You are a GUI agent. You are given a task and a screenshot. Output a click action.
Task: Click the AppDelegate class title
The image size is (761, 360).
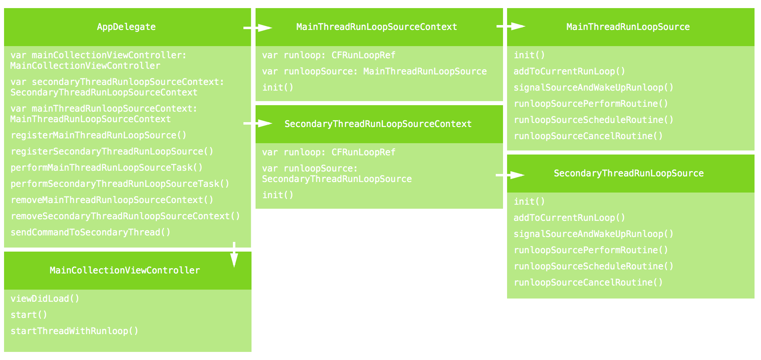pos(126,27)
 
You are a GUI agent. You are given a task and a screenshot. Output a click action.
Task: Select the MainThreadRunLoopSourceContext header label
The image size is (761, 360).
pos(376,27)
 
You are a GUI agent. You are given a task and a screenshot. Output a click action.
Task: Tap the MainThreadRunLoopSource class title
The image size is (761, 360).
pos(628,27)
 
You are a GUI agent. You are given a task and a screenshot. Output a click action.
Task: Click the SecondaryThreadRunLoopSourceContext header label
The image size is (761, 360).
pos(378,124)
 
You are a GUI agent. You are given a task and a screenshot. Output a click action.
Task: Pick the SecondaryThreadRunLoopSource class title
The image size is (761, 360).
pos(628,173)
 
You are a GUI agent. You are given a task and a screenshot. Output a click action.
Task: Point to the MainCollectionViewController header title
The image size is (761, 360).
pos(125,270)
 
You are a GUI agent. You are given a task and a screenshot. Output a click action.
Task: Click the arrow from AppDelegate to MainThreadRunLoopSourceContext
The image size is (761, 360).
pos(258,28)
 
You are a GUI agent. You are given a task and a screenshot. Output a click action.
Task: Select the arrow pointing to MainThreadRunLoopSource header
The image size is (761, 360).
pos(511,26)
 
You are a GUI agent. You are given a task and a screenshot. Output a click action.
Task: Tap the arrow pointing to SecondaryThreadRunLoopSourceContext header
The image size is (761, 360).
pos(258,123)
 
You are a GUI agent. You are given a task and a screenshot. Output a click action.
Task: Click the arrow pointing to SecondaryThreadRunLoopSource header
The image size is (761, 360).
pos(510,175)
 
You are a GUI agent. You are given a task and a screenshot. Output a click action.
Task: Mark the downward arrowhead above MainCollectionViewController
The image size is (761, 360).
pos(234,260)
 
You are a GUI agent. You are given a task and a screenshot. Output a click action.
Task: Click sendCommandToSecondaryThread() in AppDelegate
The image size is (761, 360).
pos(91,232)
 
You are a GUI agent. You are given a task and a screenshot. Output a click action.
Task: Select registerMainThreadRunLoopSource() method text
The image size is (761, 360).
pos(99,135)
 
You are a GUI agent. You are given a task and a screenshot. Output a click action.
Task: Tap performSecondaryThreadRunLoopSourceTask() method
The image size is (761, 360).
pos(120,184)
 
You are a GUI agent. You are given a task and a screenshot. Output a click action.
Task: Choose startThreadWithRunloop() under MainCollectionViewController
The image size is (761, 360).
pos(74,331)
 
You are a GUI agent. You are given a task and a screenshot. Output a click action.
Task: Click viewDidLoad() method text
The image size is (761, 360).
pos(45,299)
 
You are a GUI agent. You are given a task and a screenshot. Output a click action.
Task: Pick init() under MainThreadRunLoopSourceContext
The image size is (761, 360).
pos(278,87)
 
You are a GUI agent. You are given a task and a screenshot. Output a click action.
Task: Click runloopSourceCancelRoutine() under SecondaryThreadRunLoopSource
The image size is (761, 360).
pos(588,282)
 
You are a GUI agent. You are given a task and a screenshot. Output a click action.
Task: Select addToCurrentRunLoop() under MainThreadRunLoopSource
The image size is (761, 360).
pos(569,71)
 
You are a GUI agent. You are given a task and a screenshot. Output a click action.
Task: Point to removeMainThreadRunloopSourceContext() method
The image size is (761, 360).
pos(112,200)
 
